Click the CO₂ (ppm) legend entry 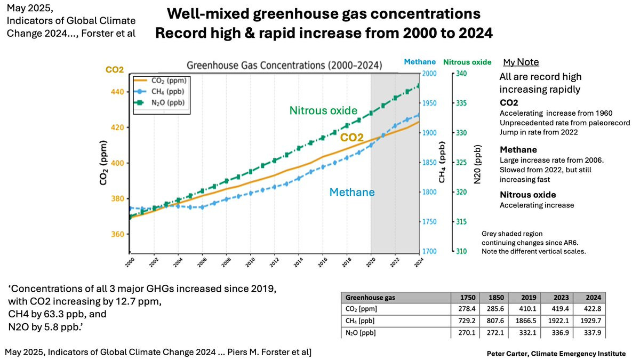162,80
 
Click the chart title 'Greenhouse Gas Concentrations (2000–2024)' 284,66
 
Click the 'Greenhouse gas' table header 371,297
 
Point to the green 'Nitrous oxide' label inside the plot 323,111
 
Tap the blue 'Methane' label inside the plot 351,192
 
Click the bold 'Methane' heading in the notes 518,150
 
